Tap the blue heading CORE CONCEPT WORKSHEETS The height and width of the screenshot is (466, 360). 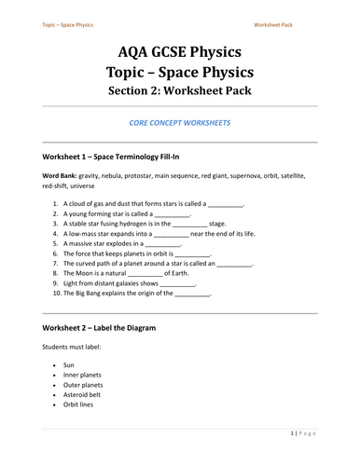coord(180,122)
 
